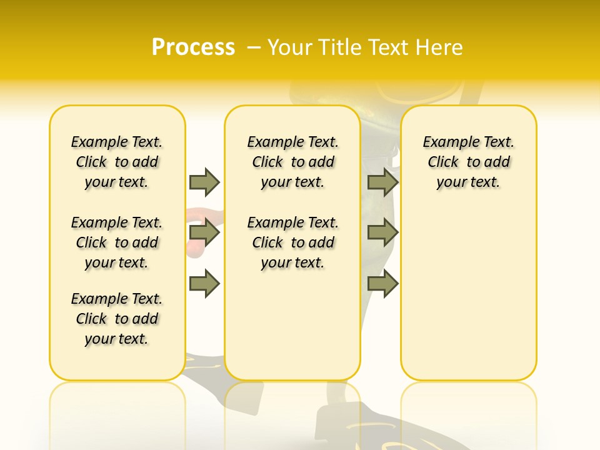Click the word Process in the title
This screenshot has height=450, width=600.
pyautogui.click(x=193, y=47)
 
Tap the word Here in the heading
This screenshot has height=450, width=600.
pyautogui.click(x=441, y=47)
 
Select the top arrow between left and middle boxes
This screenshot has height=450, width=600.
pyautogui.click(x=204, y=182)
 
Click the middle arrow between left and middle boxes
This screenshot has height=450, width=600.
pyautogui.click(x=204, y=233)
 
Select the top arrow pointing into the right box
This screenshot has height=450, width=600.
pyautogui.click(x=382, y=182)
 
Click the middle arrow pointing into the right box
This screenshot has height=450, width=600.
pyautogui.click(x=382, y=233)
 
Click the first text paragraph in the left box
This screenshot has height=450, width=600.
pyautogui.click(x=117, y=162)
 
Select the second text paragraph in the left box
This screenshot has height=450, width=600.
pyautogui.click(x=117, y=242)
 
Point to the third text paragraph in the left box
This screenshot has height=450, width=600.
pyautogui.click(x=117, y=319)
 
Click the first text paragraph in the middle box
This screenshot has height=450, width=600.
pyautogui.click(x=292, y=162)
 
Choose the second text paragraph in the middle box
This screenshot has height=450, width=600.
pyautogui.click(x=292, y=242)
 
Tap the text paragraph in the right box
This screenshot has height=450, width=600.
pyautogui.click(x=468, y=162)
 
